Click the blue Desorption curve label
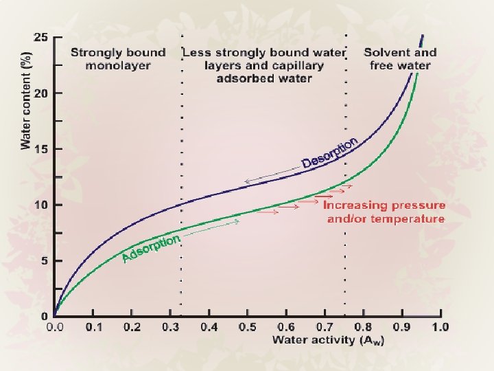point(329,153)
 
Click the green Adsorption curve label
point(151,248)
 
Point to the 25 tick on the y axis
point(58,37)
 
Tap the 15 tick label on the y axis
point(42,149)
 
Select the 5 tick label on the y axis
point(45,261)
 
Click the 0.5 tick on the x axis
point(248,313)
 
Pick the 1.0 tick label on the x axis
point(440,327)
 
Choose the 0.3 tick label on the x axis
point(170,327)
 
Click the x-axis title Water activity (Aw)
point(328,340)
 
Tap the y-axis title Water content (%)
point(26,100)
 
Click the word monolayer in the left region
point(118,66)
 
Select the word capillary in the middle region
point(293,66)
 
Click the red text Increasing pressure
point(384,205)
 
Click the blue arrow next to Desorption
point(273,174)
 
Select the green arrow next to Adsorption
point(211,228)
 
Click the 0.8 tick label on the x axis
point(363,327)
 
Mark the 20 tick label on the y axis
point(42,93)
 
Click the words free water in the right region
point(400,66)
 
